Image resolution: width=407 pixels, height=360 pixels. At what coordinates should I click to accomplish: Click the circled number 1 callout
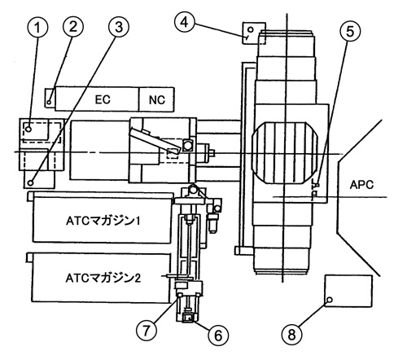(37, 28)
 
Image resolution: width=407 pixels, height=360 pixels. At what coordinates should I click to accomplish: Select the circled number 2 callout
(73, 27)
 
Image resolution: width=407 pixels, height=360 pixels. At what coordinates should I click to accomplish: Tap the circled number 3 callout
(119, 27)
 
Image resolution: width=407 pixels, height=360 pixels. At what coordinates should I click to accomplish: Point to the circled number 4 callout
(185, 22)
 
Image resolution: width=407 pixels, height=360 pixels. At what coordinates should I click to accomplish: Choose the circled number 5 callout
(350, 32)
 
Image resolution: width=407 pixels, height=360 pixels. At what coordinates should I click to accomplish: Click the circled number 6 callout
(218, 336)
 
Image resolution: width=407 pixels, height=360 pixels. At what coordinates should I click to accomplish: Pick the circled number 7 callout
(147, 330)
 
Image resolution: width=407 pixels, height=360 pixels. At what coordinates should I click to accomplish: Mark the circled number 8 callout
(291, 334)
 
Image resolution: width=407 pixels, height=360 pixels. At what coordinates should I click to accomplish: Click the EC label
(103, 99)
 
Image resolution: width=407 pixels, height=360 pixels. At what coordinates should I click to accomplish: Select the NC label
(157, 100)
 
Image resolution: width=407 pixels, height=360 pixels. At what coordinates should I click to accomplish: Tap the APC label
(361, 185)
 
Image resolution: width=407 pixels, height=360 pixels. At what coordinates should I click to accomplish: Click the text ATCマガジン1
(103, 221)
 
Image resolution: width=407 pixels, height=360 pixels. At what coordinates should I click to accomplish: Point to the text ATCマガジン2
(103, 279)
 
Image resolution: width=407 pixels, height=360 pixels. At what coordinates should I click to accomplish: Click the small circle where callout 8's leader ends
(330, 300)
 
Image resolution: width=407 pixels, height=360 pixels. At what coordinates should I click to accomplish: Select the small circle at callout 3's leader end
(31, 182)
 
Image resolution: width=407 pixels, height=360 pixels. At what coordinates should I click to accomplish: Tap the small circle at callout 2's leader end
(49, 103)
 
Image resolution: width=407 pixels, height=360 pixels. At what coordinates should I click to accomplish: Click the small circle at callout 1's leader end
(28, 130)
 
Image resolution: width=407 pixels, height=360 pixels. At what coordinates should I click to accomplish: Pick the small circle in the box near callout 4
(251, 29)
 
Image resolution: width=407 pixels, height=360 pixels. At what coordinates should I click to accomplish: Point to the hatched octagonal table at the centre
(285, 153)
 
